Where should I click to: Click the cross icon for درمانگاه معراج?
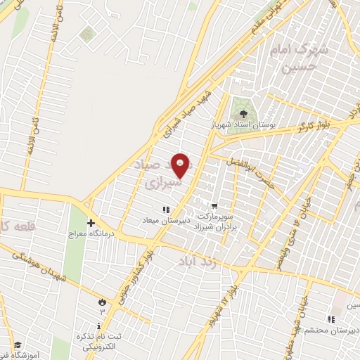91,222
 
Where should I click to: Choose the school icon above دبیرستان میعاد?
166,209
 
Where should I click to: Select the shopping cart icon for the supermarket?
214,206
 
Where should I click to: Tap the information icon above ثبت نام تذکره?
99,326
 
